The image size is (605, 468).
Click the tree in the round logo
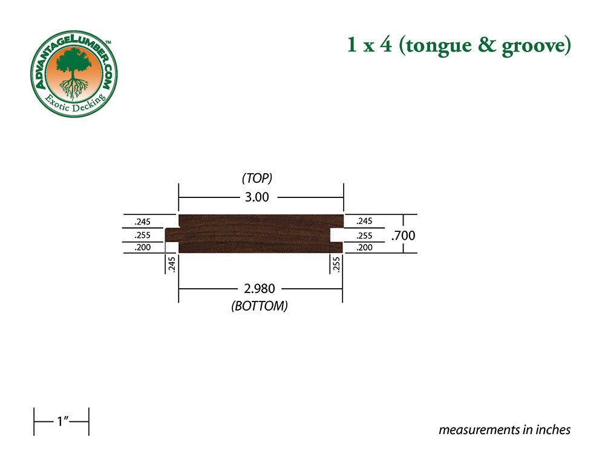pos(74,70)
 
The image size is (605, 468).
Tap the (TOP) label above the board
pos(257,178)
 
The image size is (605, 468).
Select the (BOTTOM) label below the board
pos(259,306)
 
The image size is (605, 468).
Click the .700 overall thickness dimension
pos(404,236)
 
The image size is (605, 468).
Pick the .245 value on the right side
pos(365,221)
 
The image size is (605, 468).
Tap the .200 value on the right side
pos(365,248)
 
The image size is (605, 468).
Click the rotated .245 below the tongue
pos(172,264)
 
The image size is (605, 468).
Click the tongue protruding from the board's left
pos(172,234)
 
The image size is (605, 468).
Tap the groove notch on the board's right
pos(336,234)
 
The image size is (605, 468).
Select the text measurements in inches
pos(505,430)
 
